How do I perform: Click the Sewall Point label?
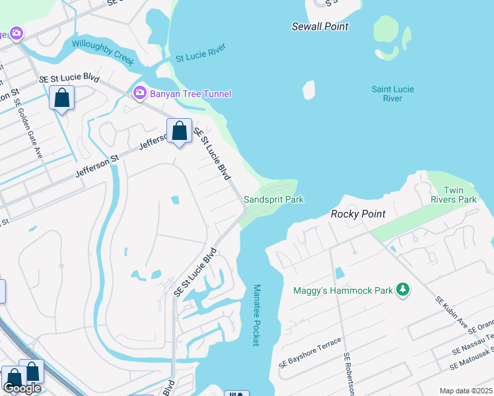[320, 26]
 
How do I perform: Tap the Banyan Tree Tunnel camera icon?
[139, 93]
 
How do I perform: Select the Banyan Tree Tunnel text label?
[191, 94]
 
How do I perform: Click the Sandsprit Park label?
[273, 199]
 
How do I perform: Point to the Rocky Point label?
[357, 214]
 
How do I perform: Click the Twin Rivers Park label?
[460, 195]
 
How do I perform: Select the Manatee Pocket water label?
[256, 315]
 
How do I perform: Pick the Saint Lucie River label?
[387, 94]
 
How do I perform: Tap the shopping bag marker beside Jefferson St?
[179, 131]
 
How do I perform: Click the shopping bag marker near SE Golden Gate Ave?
[61, 99]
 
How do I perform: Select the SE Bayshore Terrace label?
[310, 352]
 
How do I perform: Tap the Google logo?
[22, 388]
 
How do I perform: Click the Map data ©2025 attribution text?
[465, 391]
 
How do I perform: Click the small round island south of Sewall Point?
[309, 90]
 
